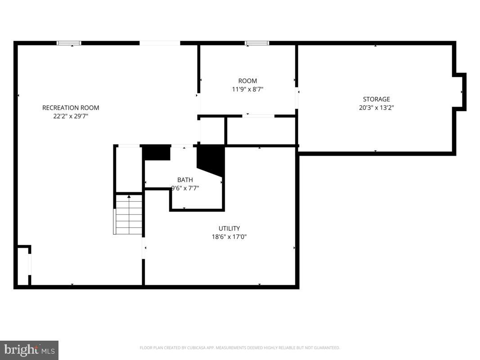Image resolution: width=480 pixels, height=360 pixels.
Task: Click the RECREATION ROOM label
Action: (71, 108)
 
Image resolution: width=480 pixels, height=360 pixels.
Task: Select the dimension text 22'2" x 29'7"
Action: (71, 116)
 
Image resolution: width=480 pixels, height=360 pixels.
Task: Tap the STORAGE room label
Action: (377, 99)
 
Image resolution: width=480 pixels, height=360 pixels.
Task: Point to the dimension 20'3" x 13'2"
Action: (377, 108)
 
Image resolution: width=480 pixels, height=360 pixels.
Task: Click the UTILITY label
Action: (229, 228)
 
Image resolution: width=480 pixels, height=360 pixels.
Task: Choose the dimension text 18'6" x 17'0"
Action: (229, 237)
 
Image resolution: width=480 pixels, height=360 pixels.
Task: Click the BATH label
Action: (185, 180)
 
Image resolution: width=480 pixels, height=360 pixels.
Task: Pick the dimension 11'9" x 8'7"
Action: (247, 90)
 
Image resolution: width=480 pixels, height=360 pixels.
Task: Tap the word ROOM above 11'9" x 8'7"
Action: (247, 81)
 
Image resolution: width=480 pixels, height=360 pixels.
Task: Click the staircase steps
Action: (129, 216)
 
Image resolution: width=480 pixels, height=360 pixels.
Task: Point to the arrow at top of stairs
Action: (129, 196)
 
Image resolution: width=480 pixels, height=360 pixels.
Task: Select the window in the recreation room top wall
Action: (69, 43)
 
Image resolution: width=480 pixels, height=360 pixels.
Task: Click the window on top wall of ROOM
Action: (257, 43)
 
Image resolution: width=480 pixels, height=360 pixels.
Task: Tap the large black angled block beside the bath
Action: (211, 159)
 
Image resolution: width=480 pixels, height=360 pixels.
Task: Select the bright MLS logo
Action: (29, 350)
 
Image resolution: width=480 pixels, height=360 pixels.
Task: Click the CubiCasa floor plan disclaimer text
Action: (240, 348)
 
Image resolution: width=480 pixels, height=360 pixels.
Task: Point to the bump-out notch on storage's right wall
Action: (460, 92)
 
